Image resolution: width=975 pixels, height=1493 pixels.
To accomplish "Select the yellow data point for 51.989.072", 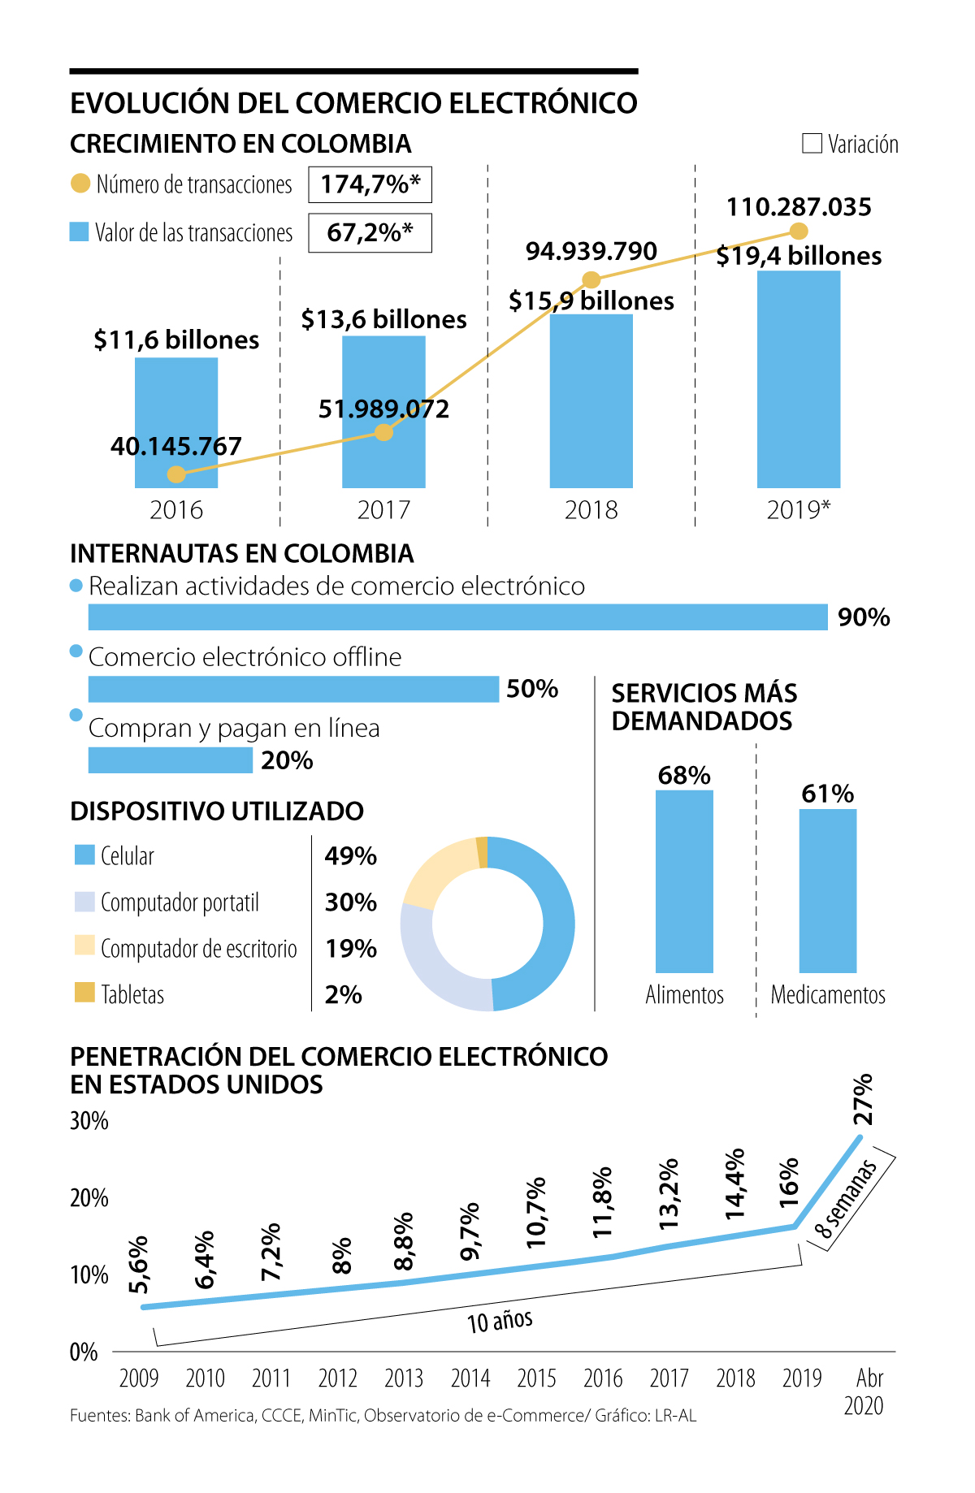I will tap(384, 432).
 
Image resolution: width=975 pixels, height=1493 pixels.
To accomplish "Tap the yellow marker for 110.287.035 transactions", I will tap(799, 232).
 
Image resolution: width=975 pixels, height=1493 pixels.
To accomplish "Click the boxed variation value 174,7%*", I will tap(370, 185).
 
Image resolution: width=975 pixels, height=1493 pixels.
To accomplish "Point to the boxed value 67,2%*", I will tap(370, 233).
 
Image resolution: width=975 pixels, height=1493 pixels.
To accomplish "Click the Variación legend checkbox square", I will tap(812, 144).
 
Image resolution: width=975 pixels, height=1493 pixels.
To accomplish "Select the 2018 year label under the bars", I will tap(591, 510).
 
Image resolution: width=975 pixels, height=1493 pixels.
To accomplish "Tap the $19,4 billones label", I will tap(799, 256).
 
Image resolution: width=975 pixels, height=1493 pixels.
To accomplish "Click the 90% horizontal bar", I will tap(457, 617).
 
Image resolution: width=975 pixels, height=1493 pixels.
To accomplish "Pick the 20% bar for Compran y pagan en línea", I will tap(170, 760).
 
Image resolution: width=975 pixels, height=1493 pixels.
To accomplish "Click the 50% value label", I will tap(532, 689).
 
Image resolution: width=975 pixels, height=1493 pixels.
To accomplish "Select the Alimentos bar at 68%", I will tap(684, 881).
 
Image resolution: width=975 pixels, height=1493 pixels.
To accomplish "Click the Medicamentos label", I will tap(828, 994).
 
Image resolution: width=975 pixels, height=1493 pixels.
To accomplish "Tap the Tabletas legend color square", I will tap(84, 993).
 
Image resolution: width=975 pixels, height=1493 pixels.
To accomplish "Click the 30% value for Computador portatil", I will tap(351, 902).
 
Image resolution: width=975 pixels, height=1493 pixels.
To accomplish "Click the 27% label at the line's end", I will tap(863, 1099).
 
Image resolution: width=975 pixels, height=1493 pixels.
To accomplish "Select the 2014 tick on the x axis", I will tap(470, 1378).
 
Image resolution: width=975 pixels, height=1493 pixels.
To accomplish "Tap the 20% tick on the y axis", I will tap(89, 1198).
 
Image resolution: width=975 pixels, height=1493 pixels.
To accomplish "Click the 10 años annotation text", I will tap(500, 1322).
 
